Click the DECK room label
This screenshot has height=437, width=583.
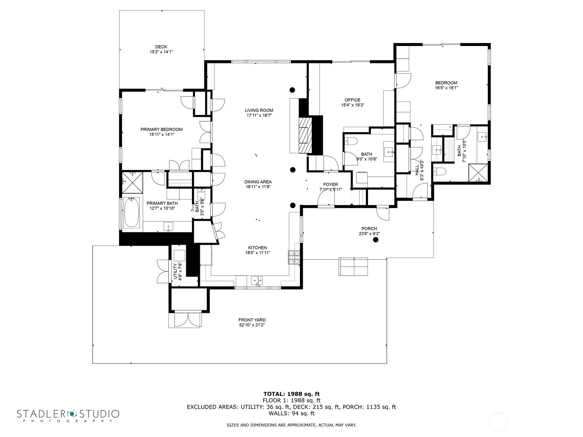pyautogui.click(x=161, y=47)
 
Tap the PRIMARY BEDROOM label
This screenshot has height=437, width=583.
pyautogui.click(x=161, y=130)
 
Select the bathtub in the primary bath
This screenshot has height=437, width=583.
pyautogui.click(x=132, y=212)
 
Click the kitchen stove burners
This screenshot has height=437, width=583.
pyautogui.click(x=294, y=257)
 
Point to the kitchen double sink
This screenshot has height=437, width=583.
pyautogui.click(x=257, y=280)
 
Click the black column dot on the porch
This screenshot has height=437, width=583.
pyautogui.click(x=376, y=240)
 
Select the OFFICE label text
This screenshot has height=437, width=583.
pyautogui.click(x=352, y=100)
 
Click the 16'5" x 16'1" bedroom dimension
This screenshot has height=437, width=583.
pyautogui.click(x=446, y=87)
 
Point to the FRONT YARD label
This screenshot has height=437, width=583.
pyautogui.click(x=252, y=320)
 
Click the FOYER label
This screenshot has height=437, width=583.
pyautogui.click(x=330, y=184)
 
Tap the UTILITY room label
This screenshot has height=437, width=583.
pyautogui.click(x=175, y=271)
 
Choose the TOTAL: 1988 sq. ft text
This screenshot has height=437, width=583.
pyautogui.click(x=291, y=394)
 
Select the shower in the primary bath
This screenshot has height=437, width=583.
pyautogui.click(x=132, y=182)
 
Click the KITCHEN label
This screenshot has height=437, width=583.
pyautogui.click(x=257, y=248)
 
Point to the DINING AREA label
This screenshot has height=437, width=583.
pyautogui.click(x=258, y=182)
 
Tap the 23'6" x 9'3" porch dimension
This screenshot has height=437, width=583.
pyautogui.click(x=369, y=234)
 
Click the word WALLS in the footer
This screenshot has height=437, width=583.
pyautogui.click(x=278, y=413)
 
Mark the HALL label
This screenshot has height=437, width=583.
pyautogui.click(x=417, y=170)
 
